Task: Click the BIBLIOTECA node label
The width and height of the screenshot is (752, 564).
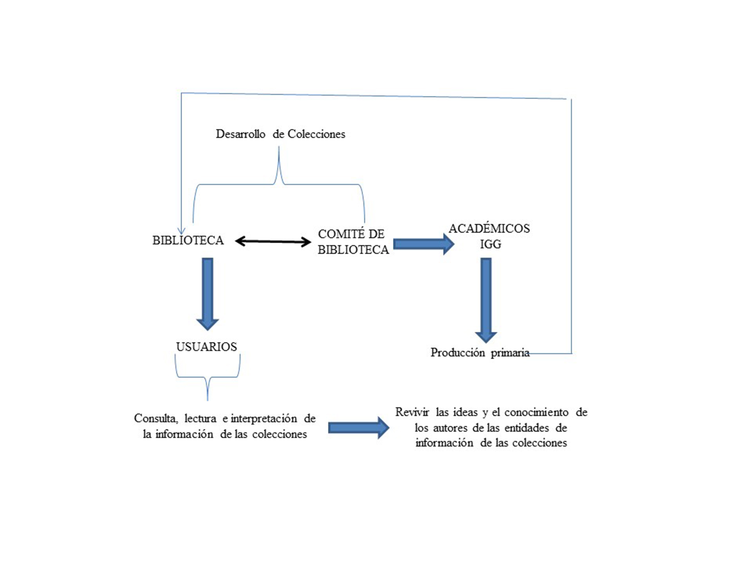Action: pyautogui.click(x=188, y=241)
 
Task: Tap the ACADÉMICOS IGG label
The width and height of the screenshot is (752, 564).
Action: pyautogui.click(x=490, y=236)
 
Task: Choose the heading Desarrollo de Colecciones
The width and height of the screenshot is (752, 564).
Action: pyautogui.click(x=280, y=134)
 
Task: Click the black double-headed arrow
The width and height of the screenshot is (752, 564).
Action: pyautogui.click(x=273, y=242)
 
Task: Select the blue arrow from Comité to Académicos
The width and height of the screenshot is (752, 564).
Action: pyautogui.click(x=424, y=244)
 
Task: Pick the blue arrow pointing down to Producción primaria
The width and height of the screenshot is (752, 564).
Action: pyautogui.click(x=486, y=301)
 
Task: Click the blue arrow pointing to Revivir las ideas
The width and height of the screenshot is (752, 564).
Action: pyautogui.click(x=359, y=428)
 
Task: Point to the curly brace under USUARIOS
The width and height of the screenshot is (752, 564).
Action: pyautogui.click(x=207, y=377)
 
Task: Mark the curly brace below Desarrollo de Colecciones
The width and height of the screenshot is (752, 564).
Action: pyautogui.click(x=279, y=183)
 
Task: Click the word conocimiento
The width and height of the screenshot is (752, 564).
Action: pyautogui.click(x=536, y=412)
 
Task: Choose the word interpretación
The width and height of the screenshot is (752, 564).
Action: pyautogui.click(x=264, y=419)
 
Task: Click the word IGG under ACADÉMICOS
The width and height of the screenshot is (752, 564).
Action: pyautogui.click(x=491, y=244)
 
